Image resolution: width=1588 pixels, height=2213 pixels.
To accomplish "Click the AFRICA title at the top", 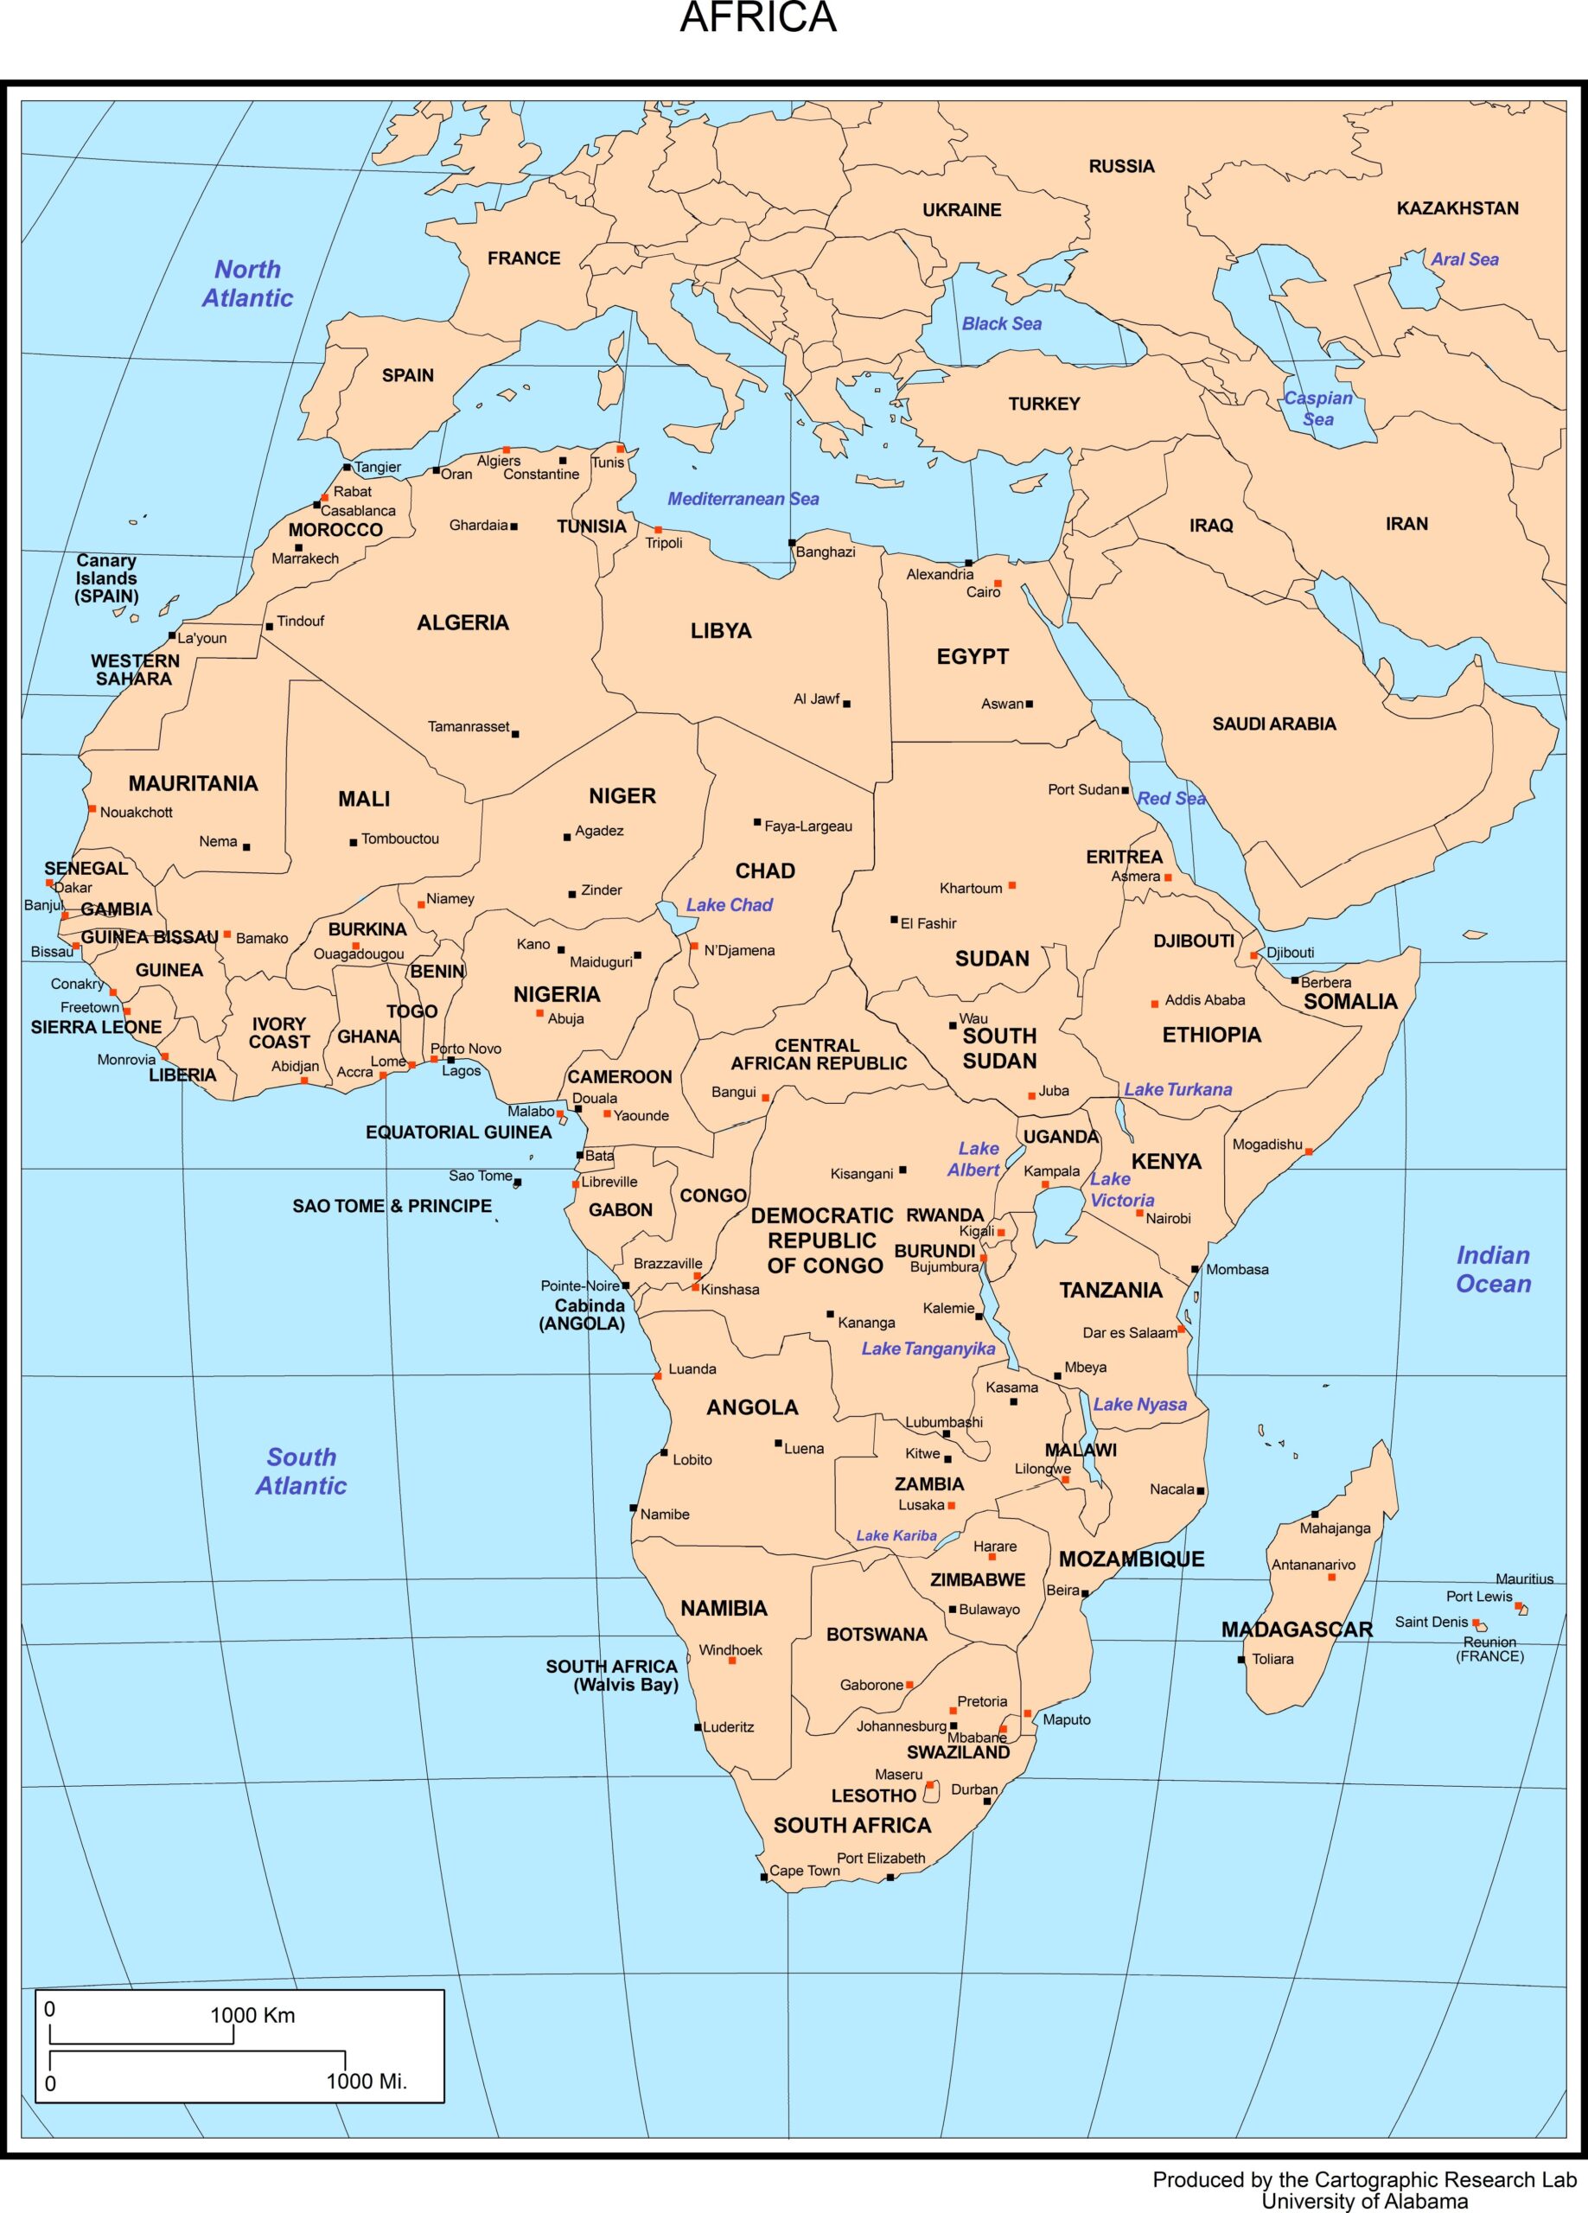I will click(757, 18).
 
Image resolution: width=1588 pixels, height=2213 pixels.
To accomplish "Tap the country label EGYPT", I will click(973, 657).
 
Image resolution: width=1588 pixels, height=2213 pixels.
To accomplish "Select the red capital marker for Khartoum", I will click(1012, 885).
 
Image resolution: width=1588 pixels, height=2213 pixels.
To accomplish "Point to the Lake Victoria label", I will click(1121, 1189).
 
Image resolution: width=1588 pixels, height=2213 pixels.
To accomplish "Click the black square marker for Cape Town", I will click(764, 1877).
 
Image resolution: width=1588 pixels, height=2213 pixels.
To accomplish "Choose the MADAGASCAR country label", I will click(1296, 1629).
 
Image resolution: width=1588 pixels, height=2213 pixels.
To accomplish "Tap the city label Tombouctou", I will click(400, 839).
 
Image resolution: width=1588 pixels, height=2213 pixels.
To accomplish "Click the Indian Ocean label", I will click(1492, 1270).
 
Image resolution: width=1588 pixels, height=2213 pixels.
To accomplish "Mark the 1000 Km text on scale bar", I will click(252, 2016).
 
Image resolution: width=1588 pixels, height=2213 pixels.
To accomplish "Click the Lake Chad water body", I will click(670, 915).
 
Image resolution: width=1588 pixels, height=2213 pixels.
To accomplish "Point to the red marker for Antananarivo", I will click(1331, 1577).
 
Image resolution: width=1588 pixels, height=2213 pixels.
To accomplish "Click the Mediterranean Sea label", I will click(743, 499).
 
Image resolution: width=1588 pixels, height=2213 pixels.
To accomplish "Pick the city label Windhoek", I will click(730, 1650).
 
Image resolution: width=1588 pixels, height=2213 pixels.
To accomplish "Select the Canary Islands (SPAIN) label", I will click(106, 577).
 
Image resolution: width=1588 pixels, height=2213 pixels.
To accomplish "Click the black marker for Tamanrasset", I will click(515, 734).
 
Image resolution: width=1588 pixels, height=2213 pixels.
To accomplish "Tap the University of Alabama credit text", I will click(1363, 2201).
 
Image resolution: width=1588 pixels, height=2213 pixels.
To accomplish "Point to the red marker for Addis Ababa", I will click(1155, 1003).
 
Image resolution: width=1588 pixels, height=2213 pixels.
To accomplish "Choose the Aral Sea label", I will click(1464, 259).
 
